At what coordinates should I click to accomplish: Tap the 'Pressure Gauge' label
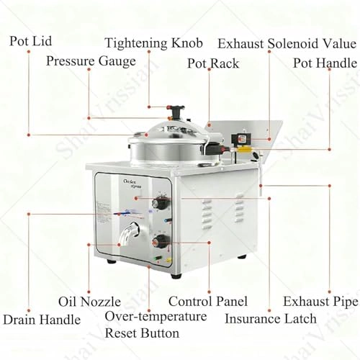[x=91, y=61]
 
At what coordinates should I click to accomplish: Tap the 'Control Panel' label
[x=207, y=301]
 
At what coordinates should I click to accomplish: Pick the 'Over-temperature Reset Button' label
[x=156, y=325]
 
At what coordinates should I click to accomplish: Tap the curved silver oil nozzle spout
[x=130, y=233]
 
